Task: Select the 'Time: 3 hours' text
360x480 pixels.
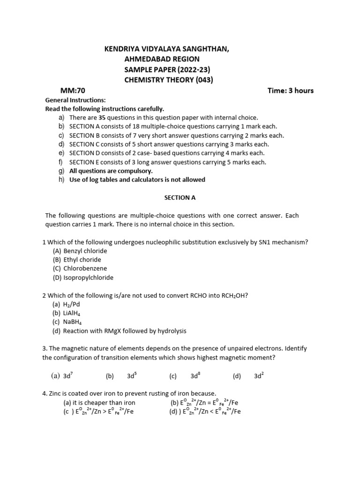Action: click(290, 90)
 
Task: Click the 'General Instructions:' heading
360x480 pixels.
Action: click(75, 100)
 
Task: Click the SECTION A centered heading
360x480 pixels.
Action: click(180, 198)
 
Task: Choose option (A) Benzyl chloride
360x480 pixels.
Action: click(80, 251)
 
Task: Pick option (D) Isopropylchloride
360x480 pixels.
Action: click(83, 277)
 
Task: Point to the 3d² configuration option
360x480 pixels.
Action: click(259, 375)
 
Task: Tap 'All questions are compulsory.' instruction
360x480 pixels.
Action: click(111, 171)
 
